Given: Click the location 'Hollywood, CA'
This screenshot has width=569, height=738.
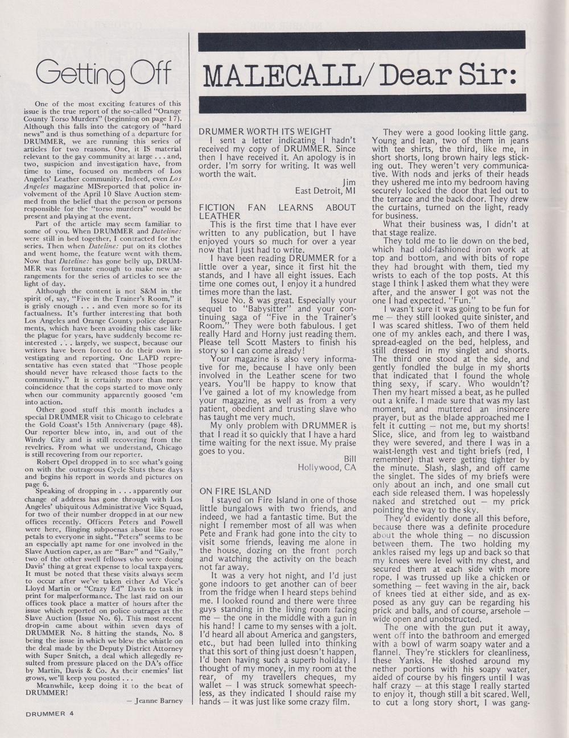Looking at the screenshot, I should (327, 468).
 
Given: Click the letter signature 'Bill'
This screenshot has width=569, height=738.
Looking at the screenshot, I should (349, 459).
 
